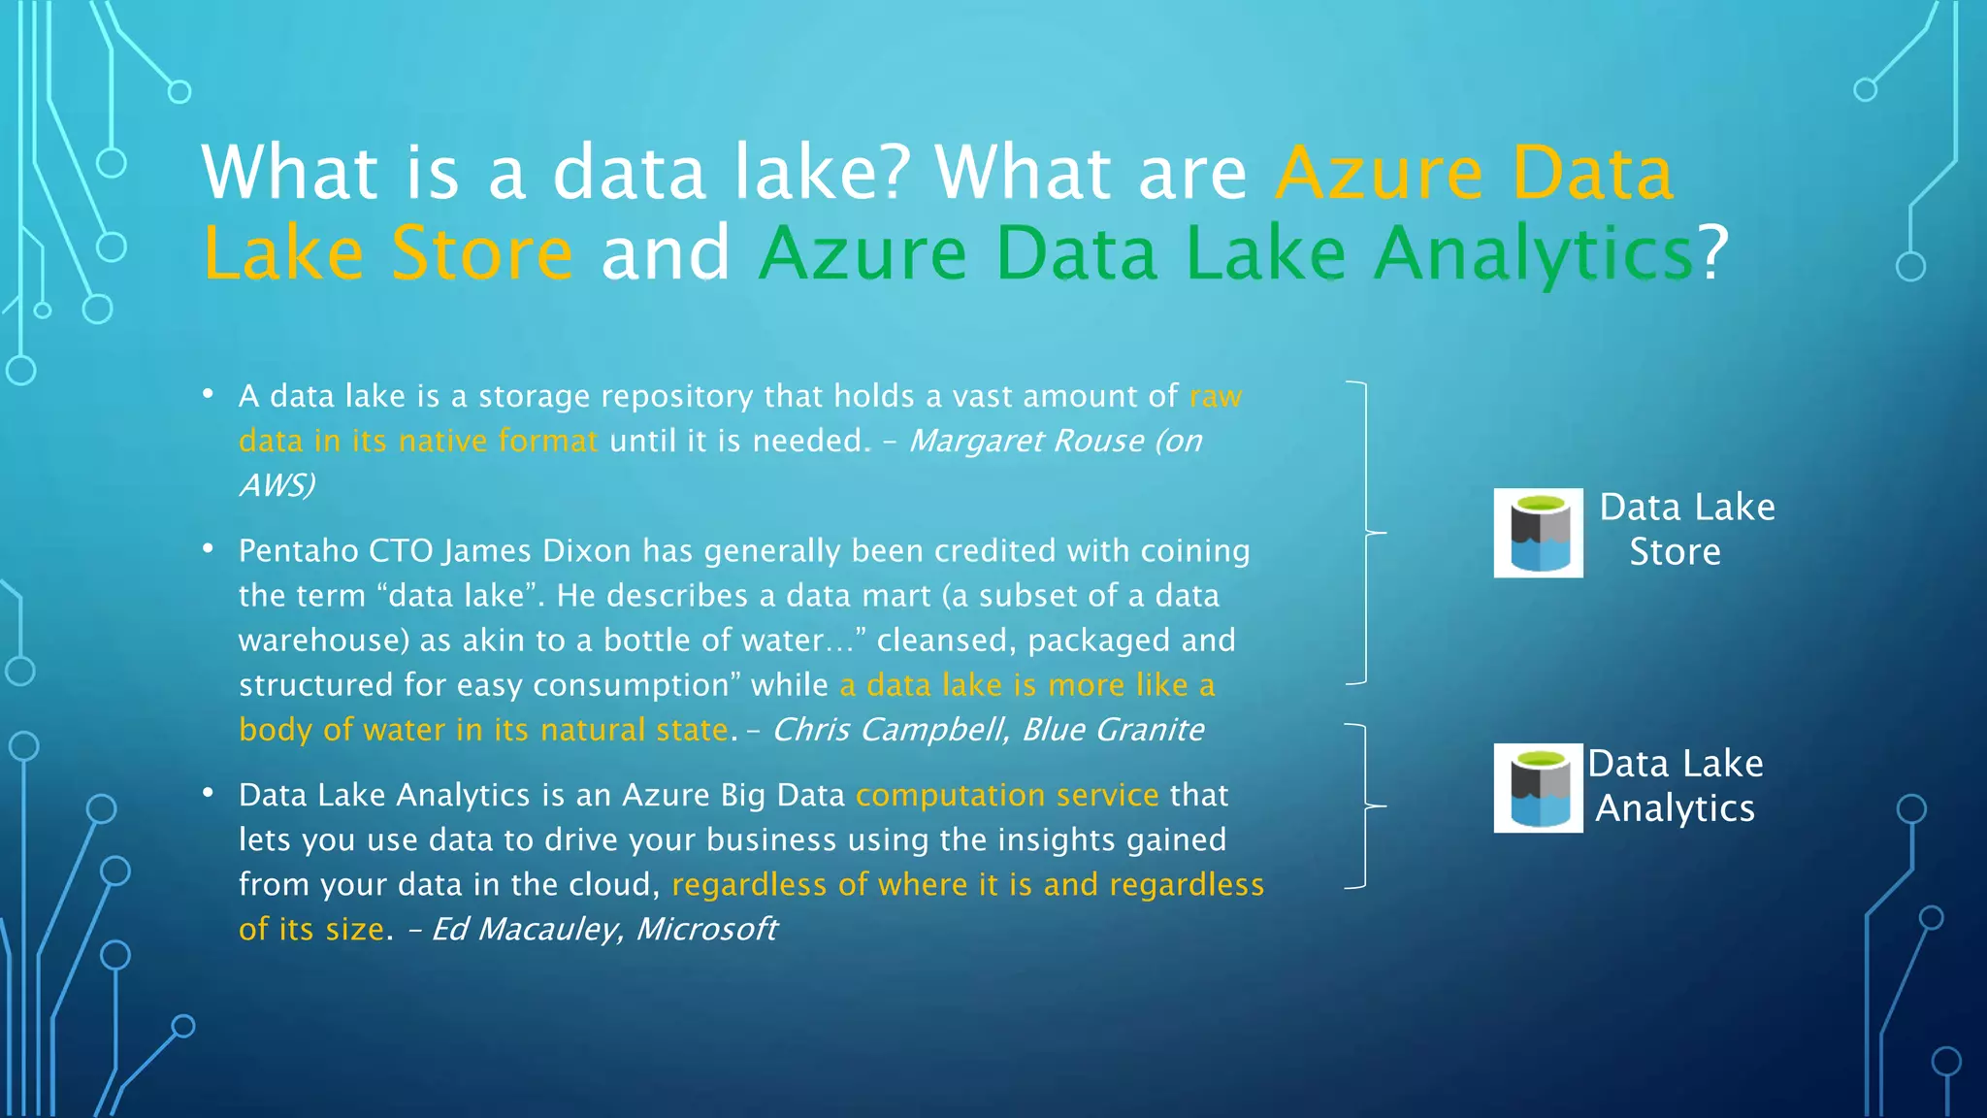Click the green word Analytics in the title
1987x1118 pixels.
(1534, 253)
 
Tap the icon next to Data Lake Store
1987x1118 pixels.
(1538, 533)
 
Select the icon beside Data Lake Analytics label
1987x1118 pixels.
(1538, 788)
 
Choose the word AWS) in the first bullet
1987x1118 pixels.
(277, 485)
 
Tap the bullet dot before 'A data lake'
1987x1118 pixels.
(208, 394)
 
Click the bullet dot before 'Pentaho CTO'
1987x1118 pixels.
(208, 548)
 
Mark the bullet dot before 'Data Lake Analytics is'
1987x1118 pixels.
(208, 793)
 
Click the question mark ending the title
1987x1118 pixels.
(1713, 253)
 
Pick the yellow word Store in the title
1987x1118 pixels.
(482, 253)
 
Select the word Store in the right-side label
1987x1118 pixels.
(1675, 552)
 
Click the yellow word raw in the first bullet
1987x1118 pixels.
(1216, 397)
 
